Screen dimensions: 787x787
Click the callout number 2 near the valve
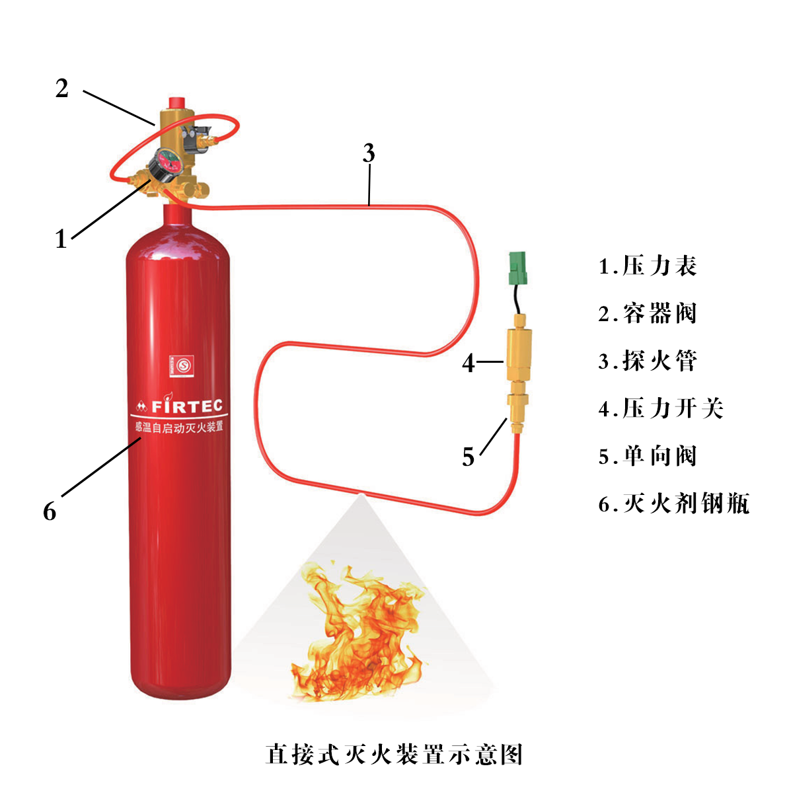(x=61, y=88)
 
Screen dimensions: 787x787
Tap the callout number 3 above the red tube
(x=369, y=153)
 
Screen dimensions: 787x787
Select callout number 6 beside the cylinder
(x=50, y=511)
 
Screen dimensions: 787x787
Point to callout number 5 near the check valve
(x=468, y=457)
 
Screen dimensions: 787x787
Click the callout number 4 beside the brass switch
(x=468, y=362)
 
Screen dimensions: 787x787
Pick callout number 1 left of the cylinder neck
(x=61, y=239)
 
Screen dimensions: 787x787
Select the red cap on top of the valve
(x=176, y=104)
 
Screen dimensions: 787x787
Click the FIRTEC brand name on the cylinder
(x=187, y=405)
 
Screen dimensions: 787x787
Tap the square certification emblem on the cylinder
(x=180, y=363)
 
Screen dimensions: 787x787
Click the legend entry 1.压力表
(x=648, y=266)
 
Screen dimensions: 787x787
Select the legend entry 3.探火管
(x=648, y=361)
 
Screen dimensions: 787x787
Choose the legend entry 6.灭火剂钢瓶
(x=674, y=504)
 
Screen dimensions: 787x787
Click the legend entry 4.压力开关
(x=661, y=408)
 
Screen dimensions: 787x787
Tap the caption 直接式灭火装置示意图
(x=394, y=754)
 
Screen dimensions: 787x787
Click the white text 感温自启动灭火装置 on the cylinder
(x=179, y=427)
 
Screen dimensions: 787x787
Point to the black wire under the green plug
(x=515, y=301)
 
